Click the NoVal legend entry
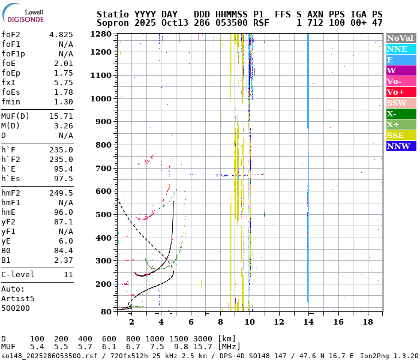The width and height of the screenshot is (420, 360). click(x=401, y=38)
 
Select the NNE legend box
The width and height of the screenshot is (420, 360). click(x=401, y=49)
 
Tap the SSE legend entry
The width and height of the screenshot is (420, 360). click(x=401, y=135)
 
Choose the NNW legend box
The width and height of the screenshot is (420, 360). click(x=401, y=146)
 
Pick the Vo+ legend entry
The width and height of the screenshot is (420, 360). click(x=401, y=92)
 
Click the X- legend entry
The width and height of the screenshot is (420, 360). click(x=401, y=113)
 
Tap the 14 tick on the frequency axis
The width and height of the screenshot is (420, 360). click(x=308, y=322)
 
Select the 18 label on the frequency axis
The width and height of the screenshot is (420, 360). click(x=367, y=322)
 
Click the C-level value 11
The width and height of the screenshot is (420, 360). click(x=68, y=274)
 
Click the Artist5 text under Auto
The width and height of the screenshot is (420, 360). click(x=18, y=298)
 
